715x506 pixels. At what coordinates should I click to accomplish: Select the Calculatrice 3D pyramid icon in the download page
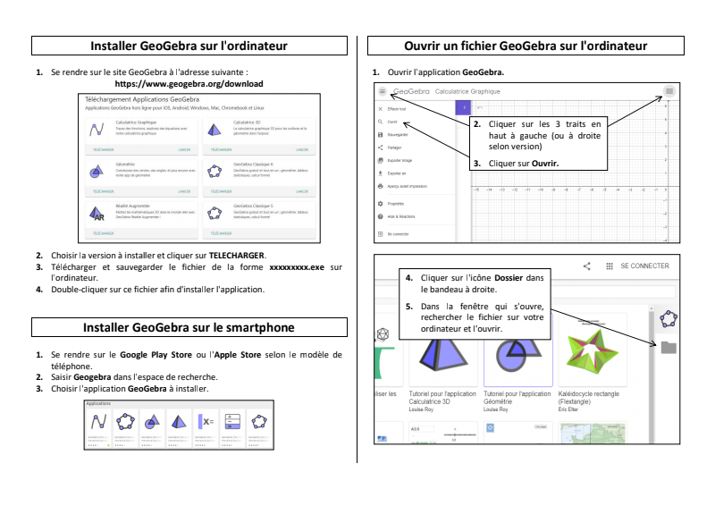pos(214,129)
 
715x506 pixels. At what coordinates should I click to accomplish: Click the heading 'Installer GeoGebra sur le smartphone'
pos(195,327)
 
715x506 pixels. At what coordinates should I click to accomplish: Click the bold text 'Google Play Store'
pos(158,355)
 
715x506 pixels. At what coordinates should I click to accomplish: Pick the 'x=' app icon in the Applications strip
pos(206,421)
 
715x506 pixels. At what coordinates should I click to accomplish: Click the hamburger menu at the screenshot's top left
pos(382,91)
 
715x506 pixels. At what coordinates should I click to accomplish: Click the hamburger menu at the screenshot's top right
pos(669,91)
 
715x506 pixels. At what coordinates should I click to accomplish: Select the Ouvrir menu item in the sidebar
pos(391,122)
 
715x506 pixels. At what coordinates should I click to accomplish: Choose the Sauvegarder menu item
pos(398,134)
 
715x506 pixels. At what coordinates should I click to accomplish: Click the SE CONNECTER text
pos(644,266)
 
